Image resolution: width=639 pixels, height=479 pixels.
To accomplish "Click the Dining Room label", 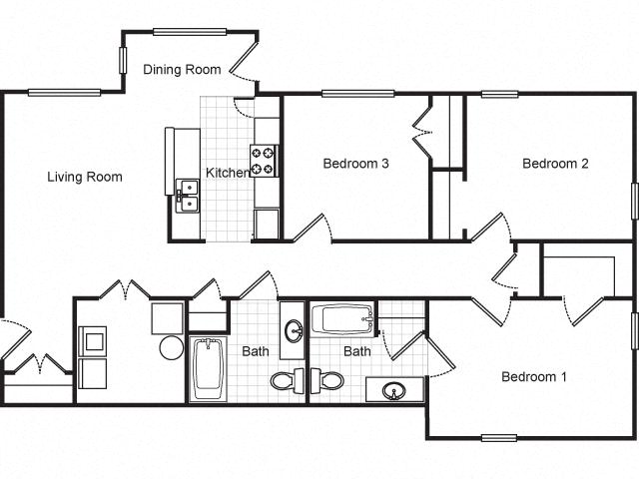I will tap(181, 69).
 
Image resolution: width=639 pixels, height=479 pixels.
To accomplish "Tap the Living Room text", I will tap(85, 177).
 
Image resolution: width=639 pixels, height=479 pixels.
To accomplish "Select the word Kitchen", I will tap(228, 173).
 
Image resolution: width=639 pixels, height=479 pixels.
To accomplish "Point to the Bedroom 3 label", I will tap(355, 164).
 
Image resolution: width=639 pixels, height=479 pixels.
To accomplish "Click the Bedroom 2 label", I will tap(555, 164).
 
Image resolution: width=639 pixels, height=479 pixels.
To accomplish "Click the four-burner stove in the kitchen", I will tap(265, 161).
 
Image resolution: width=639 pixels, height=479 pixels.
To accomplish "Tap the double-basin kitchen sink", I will tap(187, 196).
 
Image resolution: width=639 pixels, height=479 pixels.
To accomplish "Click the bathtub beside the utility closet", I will tap(210, 366).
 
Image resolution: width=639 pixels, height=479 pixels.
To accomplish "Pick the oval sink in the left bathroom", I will tap(294, 330).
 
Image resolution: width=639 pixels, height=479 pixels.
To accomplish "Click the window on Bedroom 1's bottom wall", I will tap(498, 437).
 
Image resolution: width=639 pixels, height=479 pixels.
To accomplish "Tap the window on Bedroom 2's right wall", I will tap(634, 200).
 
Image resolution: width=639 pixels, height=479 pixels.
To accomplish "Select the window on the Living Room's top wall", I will tap(64, 93).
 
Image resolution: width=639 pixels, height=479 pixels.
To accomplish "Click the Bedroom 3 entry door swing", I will tap(311, 229).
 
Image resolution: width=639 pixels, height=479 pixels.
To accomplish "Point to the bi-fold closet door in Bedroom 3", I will tap(421, 129).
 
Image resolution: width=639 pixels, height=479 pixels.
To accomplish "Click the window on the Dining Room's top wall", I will tap(189, 32).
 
